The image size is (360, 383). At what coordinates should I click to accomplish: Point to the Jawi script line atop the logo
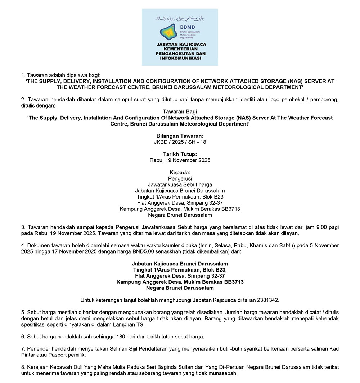180,18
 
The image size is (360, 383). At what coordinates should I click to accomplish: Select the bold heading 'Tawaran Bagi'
180,112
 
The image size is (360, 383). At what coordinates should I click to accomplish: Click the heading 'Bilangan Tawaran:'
180,136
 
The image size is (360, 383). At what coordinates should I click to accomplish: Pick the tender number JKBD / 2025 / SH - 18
180,142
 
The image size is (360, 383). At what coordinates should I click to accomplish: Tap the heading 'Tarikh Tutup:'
180,154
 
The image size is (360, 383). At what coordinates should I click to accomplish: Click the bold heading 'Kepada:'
180,173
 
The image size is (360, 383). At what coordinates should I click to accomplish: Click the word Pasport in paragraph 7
59,355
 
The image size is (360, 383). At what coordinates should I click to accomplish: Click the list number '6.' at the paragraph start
23,337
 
